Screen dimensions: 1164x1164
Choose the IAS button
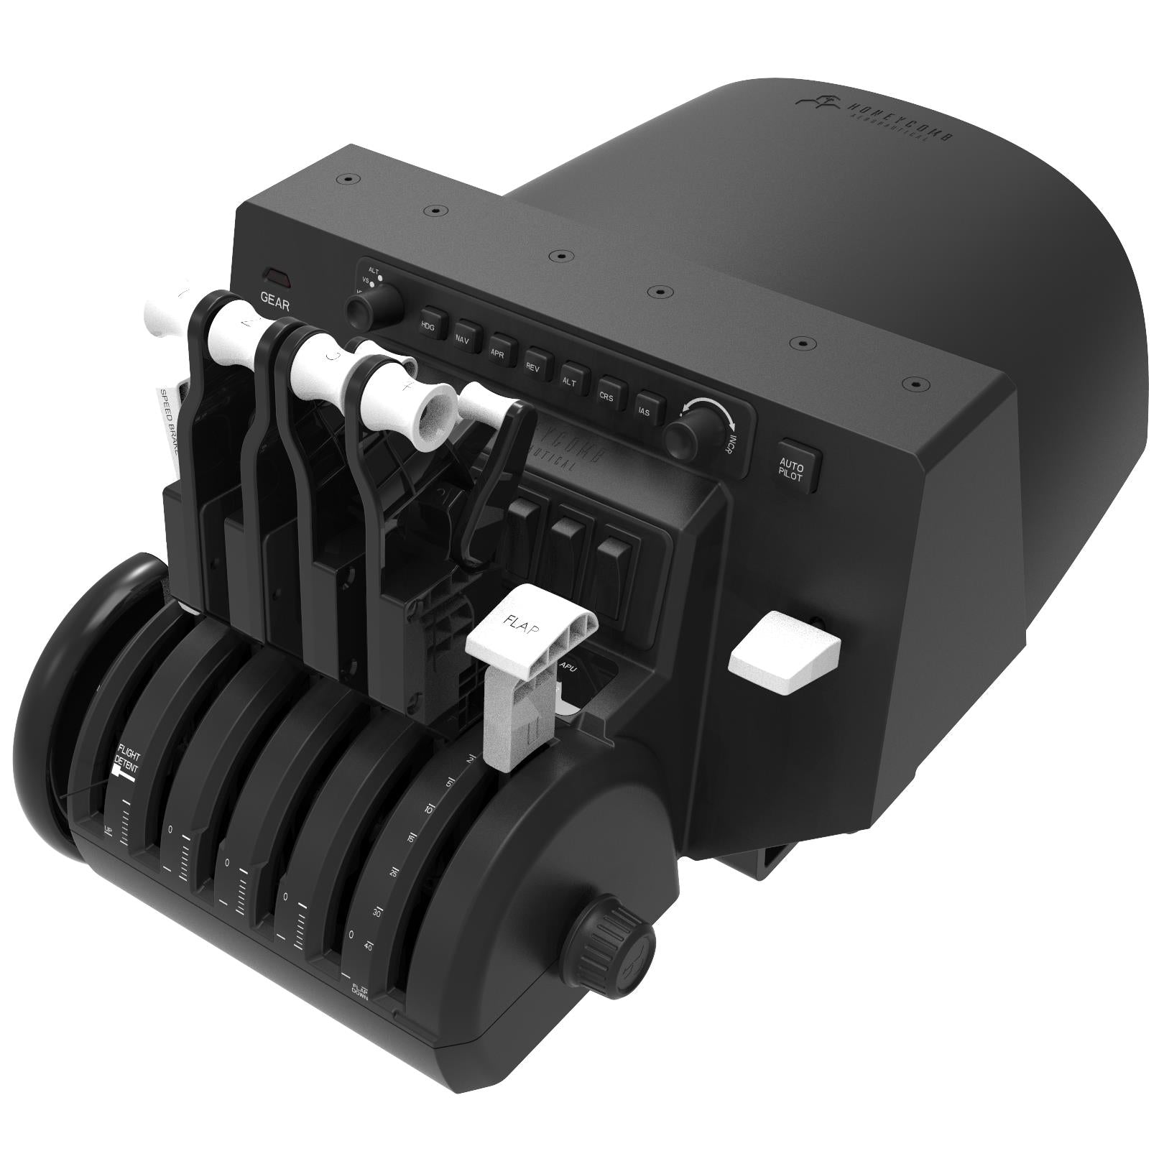click(x=645, y=410)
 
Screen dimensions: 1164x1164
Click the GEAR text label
click(x=275, y=302)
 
